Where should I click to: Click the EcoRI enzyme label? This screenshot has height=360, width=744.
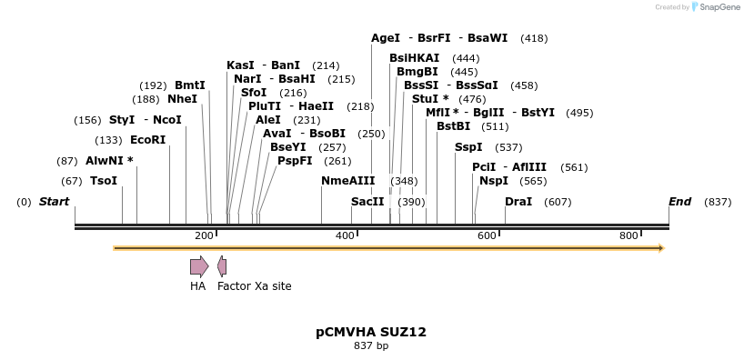148,140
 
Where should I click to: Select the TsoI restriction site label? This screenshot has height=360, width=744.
104,181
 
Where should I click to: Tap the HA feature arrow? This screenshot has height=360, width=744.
198,266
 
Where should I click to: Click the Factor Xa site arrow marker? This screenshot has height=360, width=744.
222,266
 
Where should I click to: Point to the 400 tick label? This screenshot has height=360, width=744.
345,235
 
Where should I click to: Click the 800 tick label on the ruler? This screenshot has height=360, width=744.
628,235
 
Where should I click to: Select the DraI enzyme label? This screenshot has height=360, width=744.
518,202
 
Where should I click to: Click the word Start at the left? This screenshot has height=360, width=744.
54,202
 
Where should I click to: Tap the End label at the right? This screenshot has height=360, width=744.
679,202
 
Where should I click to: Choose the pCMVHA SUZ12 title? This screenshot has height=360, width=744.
371,333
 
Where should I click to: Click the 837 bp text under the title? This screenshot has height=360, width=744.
371,346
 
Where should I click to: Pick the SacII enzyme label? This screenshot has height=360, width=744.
367,202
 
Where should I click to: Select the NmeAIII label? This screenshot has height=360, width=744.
347,181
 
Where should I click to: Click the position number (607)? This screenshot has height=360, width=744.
558,202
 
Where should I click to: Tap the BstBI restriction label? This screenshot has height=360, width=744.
453,126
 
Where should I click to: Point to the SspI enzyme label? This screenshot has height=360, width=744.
468,147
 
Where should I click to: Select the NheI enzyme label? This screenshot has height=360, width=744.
182,99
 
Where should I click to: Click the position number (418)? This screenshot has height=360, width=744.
534,38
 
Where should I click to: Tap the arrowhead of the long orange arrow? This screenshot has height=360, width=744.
661,248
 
